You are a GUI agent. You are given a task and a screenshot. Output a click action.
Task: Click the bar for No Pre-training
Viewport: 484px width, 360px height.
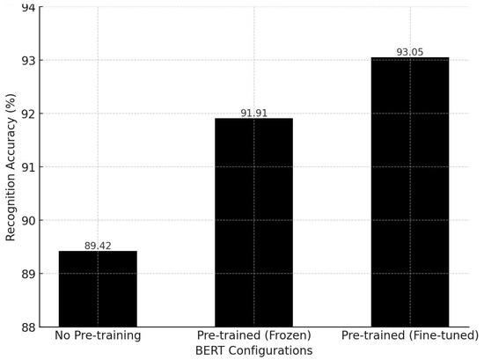(x=98, y=289)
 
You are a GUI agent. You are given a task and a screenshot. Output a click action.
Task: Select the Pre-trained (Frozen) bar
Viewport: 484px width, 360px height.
(x=253, y=223)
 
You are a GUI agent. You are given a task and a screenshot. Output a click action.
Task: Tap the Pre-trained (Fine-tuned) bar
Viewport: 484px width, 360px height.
(x=409, y=192)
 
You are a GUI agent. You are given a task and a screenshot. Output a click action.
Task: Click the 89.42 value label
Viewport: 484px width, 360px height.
(x=98, y=246)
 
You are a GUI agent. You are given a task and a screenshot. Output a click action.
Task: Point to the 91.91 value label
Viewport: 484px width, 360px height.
(x=253, y=113)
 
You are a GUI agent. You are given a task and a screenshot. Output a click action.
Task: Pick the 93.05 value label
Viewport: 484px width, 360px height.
(x=409, y=52)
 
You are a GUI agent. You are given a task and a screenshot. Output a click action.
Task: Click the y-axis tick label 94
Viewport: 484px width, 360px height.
(x=28, y=8)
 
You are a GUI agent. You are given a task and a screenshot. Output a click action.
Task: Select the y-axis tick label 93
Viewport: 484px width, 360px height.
(x=28, y=61)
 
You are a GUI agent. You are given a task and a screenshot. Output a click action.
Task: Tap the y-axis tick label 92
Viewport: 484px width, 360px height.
(x=28, y=114)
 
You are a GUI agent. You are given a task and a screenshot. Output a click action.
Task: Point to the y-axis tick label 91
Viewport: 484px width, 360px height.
(x=28, y=167)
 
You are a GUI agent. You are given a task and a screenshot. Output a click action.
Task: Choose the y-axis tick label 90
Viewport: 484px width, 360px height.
(x=28, y=221)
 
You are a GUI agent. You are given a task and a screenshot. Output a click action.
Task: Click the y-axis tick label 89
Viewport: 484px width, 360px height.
(x=28, y=274)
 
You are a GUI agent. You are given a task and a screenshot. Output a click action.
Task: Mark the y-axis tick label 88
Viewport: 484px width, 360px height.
(x=28, y=327)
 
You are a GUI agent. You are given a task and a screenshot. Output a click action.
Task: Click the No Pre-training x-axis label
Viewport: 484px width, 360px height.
(x=98, y=336)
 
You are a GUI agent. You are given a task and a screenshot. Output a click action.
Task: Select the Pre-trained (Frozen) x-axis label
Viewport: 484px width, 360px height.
(x=253, y=336)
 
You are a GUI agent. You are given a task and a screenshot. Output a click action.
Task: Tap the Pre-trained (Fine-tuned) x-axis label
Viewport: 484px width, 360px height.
(x=409, y=336)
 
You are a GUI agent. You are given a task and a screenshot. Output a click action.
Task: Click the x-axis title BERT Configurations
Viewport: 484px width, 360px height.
(x=253, y=351)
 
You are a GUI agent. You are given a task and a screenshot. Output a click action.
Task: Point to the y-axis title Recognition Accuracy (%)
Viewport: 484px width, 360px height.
(x=11, y=167)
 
